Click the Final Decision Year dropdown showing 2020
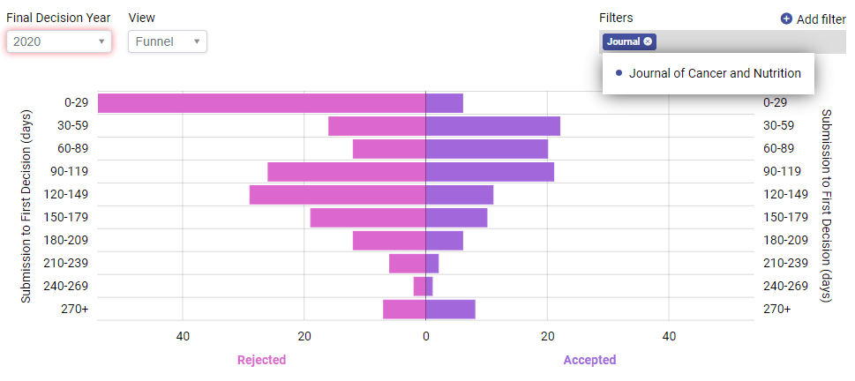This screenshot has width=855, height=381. click(58, 41)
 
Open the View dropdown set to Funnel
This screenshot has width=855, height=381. click(167, 41)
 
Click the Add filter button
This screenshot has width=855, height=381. click(813, 19)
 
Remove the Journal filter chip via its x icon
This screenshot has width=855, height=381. click(649, 41)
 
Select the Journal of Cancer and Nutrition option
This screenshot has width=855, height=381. click(715, 73)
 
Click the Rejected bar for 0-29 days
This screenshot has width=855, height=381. click(261, 103)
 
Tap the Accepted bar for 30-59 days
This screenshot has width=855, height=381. click(492, 126)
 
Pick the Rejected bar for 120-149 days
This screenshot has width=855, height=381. click(337, 195)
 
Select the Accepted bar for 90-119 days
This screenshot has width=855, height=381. click(490, 172)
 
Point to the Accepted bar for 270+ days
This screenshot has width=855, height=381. click(450, 310)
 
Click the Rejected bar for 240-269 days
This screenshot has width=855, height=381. click(419, 287)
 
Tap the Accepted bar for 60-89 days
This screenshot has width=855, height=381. click(486, 149)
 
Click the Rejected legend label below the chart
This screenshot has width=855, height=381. click(261, 360)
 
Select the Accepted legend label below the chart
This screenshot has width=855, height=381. click(589, 360)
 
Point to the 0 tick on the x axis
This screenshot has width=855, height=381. click(425, 336)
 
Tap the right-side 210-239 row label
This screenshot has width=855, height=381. click(785, 263)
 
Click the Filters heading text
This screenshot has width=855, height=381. click(616, 18)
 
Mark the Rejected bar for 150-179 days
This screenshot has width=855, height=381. click(367, 218)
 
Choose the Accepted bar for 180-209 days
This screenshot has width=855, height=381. click(444, 241)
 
